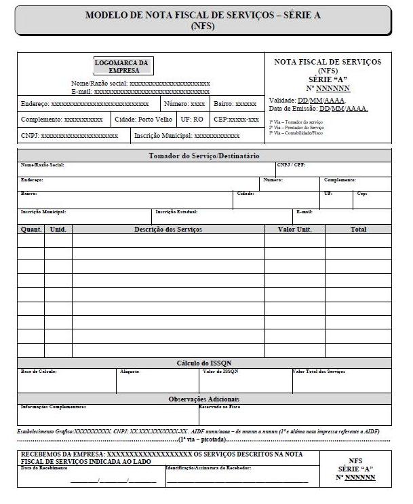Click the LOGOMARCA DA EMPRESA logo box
[x=122, y=66]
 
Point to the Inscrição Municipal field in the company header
[x=182, y=136]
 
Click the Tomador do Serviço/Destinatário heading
[x=204, y=156]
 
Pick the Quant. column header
[x=31, y=230]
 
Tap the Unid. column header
[x=58, y=230]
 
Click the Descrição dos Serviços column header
[x=168, y=230]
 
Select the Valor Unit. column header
[x=295, y=230]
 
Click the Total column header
[x=358, y=230]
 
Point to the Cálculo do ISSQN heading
[x=204, y=363]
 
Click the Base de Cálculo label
[x=39, y=372]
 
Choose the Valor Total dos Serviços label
[x=319, y=372]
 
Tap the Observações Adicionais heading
[x=204, y=399]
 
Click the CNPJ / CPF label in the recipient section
[x=290, y=165]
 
